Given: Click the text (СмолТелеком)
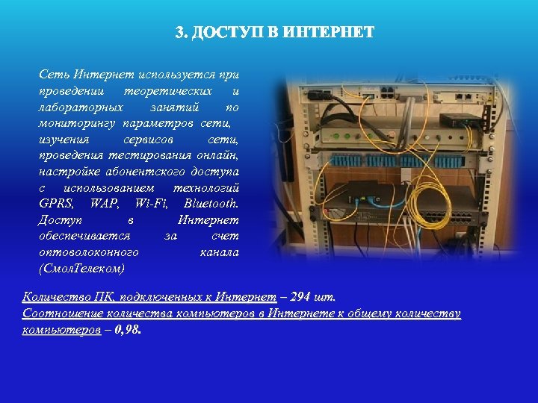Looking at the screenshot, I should tap(81, 267).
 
